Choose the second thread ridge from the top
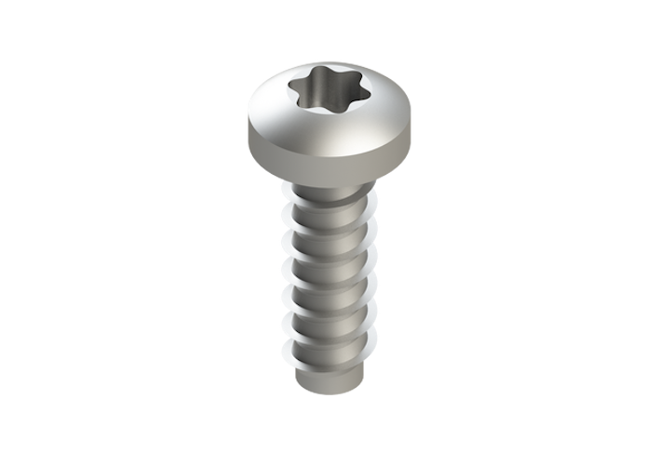(329, 232)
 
